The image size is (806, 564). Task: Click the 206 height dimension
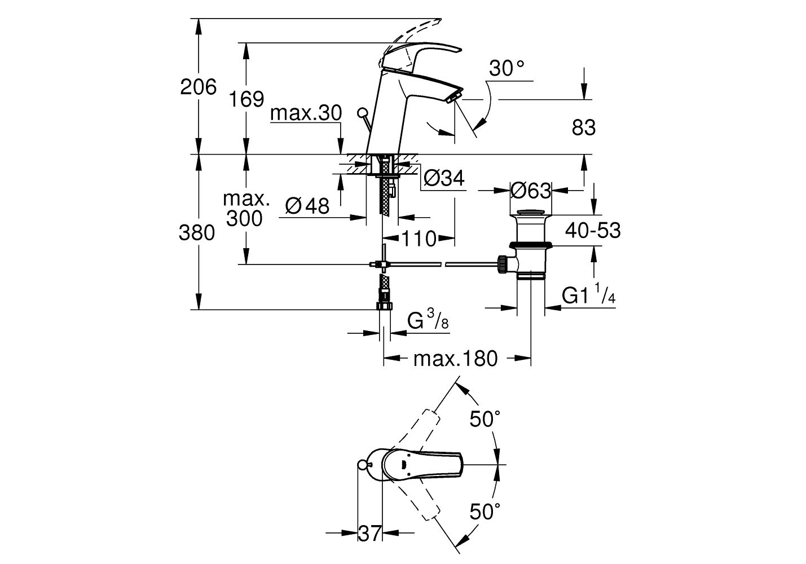coord(198,87)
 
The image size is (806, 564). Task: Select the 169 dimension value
coord(246,99)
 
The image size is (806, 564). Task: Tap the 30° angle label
coord(506,69)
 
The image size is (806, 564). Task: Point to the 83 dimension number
coord(583,128)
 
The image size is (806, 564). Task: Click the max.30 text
coord(306,113)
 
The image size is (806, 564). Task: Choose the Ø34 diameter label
coord(443,178)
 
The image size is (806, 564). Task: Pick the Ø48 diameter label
coord(307,206)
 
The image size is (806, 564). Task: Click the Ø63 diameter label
coord(530,191)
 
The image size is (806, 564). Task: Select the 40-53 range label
coord(592,230)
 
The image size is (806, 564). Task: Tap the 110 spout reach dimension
coord(419,239)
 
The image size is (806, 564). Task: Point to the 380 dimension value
coord(197,232)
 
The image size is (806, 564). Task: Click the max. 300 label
coord(245,209)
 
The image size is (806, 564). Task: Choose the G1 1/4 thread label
coord(588,296)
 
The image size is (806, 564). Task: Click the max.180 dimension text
coord(456,358)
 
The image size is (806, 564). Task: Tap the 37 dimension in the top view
coord(370,533)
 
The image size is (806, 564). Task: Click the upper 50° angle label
coord(485,419)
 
